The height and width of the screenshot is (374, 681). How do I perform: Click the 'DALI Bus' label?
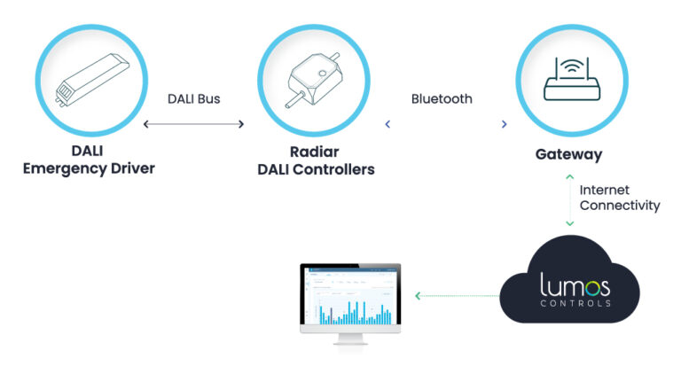pyautogui.click(x=193, y=99)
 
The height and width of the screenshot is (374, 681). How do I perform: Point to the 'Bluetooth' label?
pyautogui.click(x=442, y=99)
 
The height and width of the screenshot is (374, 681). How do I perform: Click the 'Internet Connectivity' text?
pyautogui.click(x=619, y=198)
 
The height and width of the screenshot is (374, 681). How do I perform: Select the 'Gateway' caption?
pyautogui.click(x=568, y=154)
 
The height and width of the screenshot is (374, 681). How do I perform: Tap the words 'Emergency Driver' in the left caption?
pyautogui.click(x=89, y=168)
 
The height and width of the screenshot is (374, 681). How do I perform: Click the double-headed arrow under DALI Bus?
pyautogui.click(x=193, y=125)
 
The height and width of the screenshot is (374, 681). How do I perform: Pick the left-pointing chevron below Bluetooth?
pyautogui.click(x=387, y=125)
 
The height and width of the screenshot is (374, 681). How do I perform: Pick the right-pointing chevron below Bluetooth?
pyautogui.click(x=504, y=125)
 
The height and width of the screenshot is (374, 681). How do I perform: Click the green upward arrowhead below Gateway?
pyautogui.click(x=569, y=177)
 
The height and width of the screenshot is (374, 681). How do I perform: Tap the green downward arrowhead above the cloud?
pyautogui.click(x=569, y=222)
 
